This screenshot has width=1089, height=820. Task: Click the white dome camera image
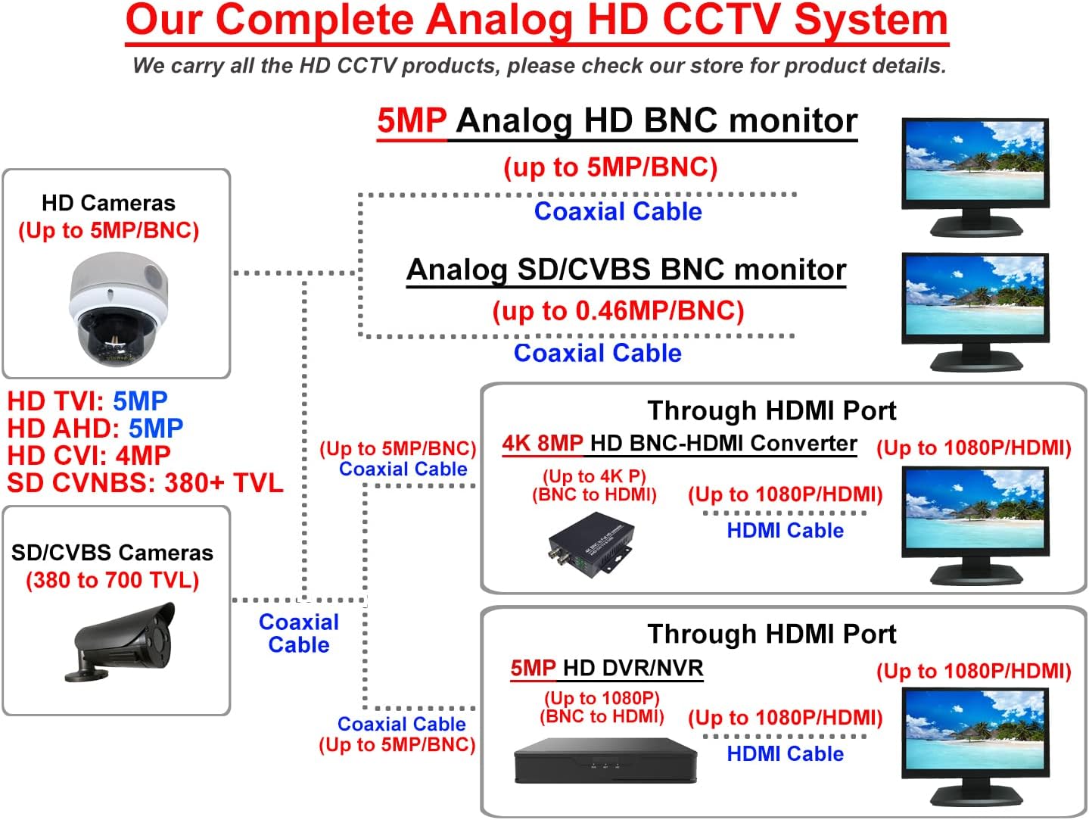(117, 307)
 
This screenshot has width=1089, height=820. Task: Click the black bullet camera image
(125, 640)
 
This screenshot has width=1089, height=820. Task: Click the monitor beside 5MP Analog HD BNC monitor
(975, 176)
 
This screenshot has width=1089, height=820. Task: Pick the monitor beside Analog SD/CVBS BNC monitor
(975, 311)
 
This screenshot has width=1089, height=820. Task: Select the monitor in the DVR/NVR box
(975, 747)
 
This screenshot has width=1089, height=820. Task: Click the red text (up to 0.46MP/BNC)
(618, 310)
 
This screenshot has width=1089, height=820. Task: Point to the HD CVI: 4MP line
(89, 455)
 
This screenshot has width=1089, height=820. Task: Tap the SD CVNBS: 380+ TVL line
(145, 482)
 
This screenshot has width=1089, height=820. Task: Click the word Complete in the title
(317, 20)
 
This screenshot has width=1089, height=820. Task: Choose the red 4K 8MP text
(543, 443)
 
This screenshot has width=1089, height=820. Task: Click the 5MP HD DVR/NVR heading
(606, 668)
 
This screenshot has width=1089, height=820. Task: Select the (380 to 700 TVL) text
(112, 580)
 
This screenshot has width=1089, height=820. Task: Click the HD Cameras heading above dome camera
(108, 203)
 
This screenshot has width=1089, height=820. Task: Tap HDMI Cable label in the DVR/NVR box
(785, 753)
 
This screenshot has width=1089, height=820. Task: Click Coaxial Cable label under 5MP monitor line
(618, 211)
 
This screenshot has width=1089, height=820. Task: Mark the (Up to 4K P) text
(594, 476)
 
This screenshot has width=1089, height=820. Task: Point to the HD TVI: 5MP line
(87, 401)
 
